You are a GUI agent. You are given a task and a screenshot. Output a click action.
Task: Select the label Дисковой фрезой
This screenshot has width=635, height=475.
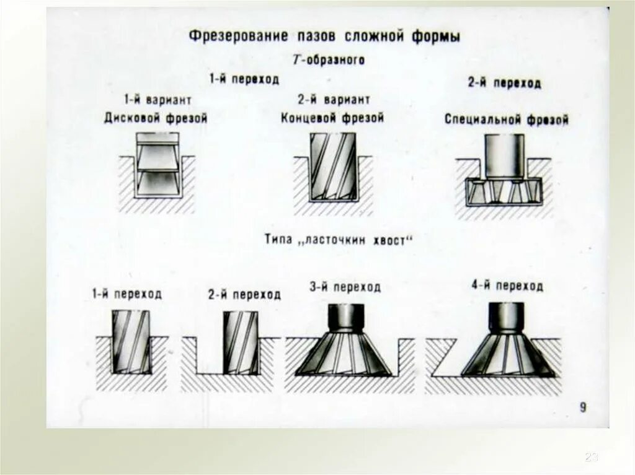click(x=156, y=118)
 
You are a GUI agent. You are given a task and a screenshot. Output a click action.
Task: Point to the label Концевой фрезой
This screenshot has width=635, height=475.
click(x=332, y=117)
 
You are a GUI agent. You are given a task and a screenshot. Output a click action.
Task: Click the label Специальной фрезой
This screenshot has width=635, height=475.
click(x=506, y=120)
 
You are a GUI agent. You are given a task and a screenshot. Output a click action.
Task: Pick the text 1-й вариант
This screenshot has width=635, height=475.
click(x=157, y=100)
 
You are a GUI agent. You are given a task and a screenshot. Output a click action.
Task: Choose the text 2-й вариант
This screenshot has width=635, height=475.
click(x=334, y=100)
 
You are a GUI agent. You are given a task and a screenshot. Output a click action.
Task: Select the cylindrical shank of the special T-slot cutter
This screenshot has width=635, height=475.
click(x=504, y=155)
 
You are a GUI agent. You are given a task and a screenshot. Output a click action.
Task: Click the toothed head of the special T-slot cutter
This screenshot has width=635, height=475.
click(x=503, y=191)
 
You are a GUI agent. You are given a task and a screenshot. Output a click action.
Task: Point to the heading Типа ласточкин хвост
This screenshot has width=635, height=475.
click(x=337, y=240)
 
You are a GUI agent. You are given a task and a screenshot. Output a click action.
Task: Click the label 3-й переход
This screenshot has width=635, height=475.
click(x=345, y=287)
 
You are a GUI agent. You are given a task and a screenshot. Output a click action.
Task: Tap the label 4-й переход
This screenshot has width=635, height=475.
click(x=507, y=285)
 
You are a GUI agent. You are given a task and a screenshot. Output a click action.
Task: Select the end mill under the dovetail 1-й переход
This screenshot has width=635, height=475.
click(x=130, y=342)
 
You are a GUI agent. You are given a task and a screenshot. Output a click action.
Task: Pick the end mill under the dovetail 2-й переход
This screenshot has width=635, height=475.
click(x=240, y=342)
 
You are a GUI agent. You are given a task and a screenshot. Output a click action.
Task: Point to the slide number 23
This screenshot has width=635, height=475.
click(x=591, y=457)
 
